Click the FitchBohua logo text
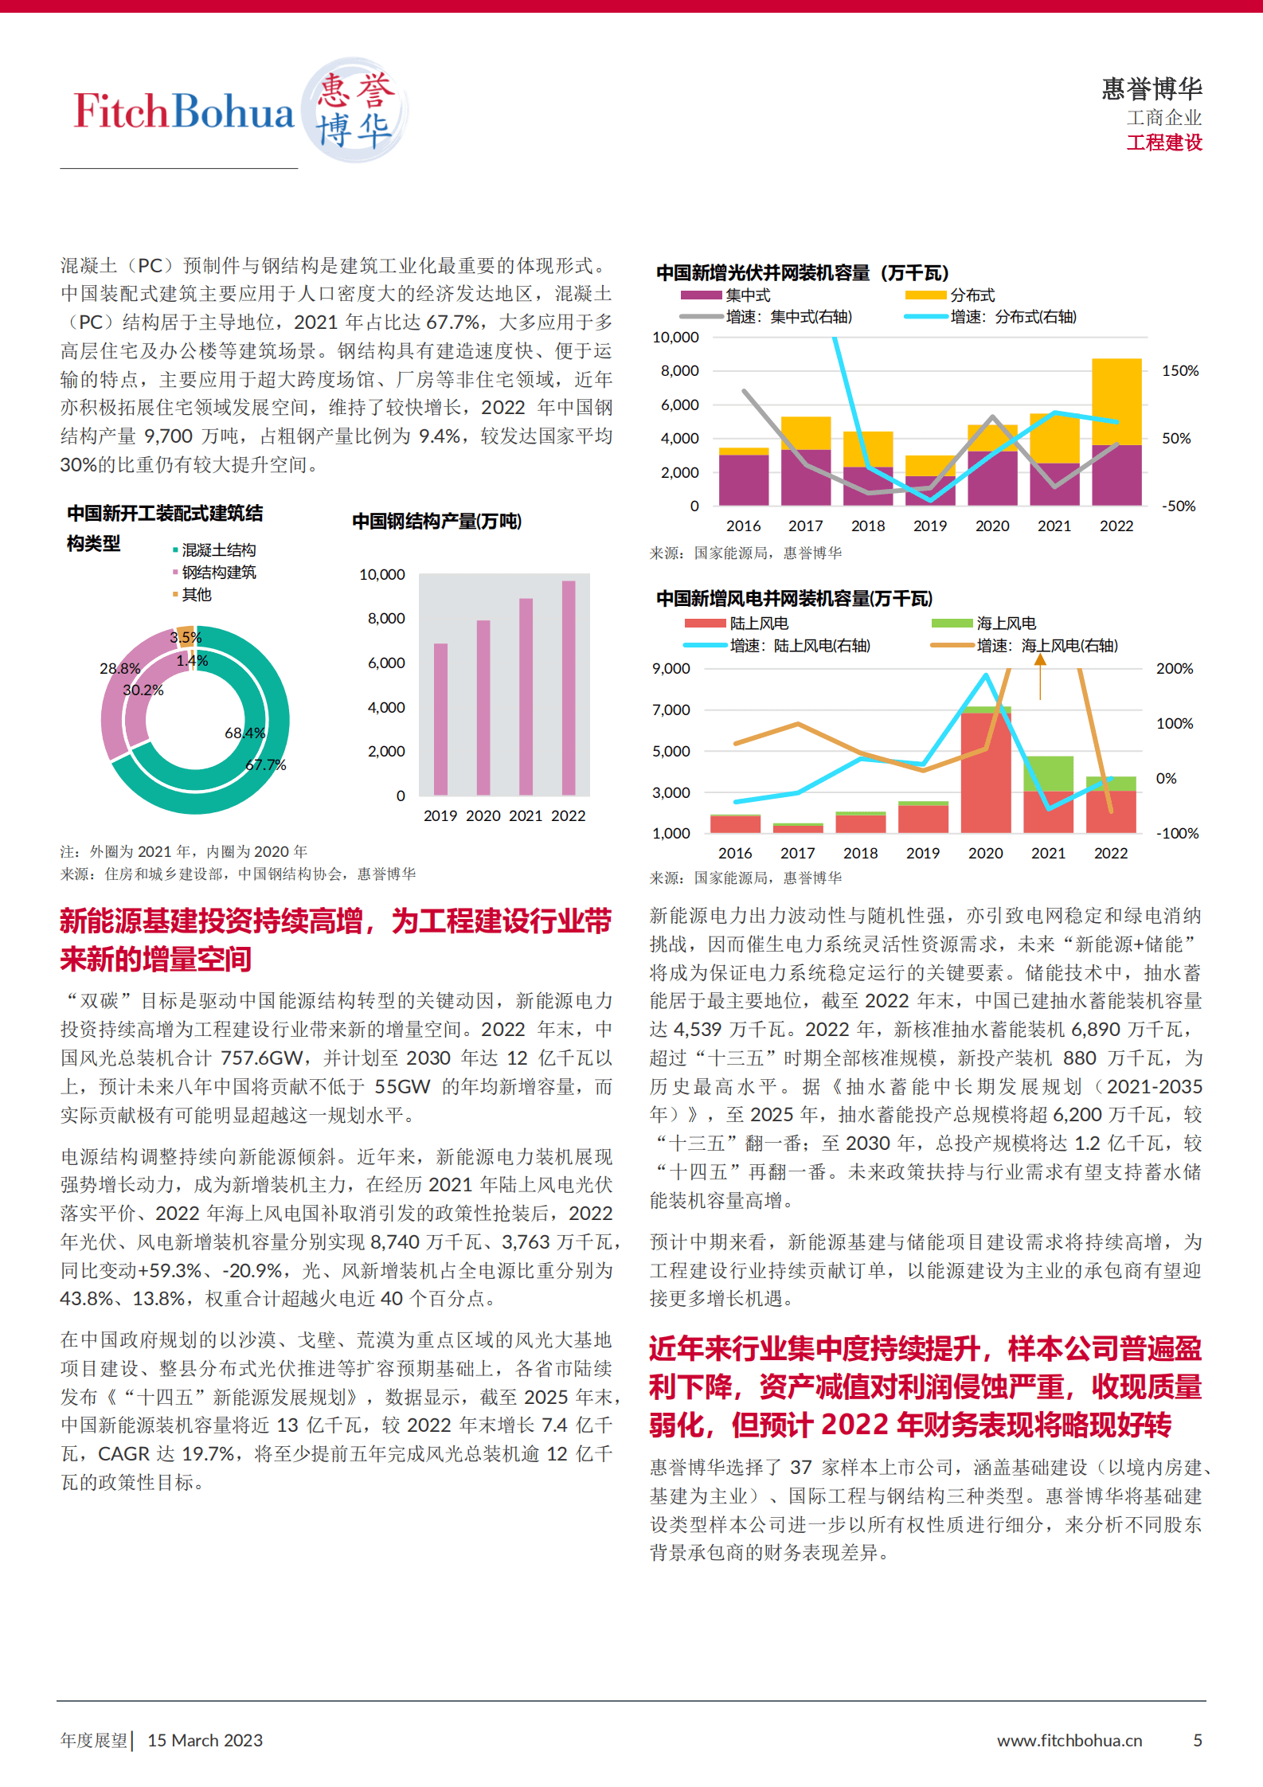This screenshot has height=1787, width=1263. click(x=184, y=111)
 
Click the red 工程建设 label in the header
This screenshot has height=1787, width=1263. click(x=1163, y=143)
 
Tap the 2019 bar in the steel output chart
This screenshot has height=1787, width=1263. click(x=440, y=718)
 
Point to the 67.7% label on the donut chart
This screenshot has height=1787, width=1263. click(x=266, y=764)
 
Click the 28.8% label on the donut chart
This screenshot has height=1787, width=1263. click(x=119, y=668)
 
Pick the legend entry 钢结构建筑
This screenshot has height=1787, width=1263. click(x=218, y=572)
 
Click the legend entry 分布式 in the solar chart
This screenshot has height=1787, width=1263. click(x=972, y=295)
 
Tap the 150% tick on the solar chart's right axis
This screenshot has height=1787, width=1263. click(x=1180, y=371)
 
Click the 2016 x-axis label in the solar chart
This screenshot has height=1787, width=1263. click(x=743, y=526)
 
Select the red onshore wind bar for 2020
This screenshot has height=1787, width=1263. click(x=986, y=772)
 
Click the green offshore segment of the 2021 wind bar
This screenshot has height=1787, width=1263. click(x=1048, y=772)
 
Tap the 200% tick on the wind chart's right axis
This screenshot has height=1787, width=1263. click(x=1175, y=668)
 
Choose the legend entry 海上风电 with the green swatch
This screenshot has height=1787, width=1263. click(x=1006, y=623)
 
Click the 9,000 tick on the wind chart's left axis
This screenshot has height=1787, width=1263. click(x=671, y=668)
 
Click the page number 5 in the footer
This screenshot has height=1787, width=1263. click(x=1197, y=1740)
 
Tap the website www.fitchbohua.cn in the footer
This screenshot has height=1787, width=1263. click(x=1069, y=1740)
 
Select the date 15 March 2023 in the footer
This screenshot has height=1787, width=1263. click(x=205, y=1740)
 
